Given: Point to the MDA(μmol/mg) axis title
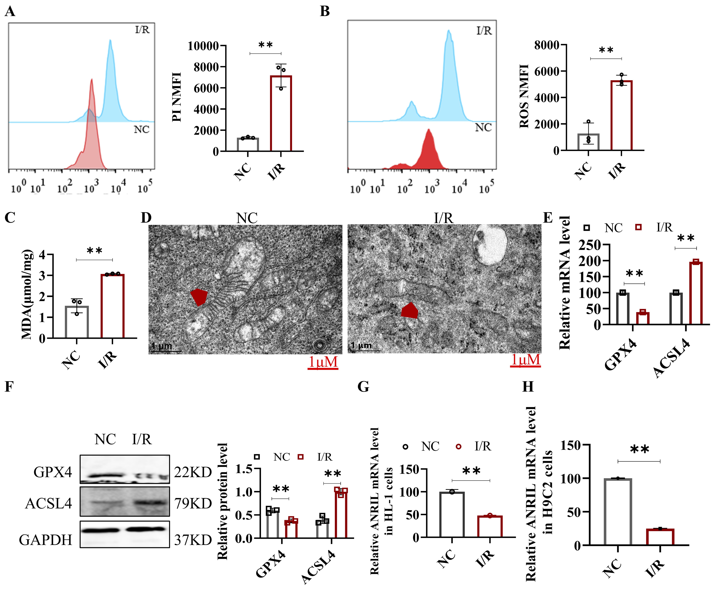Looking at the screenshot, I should tap(27, 294).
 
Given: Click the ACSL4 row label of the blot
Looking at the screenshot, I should tap(49, 504).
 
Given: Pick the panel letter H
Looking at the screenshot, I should tap(528, 387).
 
